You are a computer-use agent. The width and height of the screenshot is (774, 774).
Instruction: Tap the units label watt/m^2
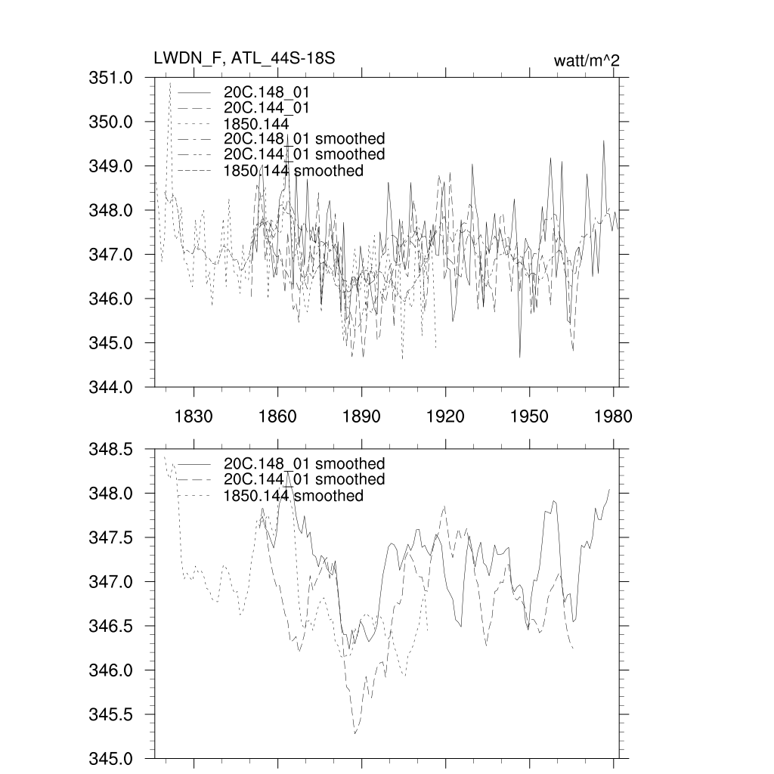pyautogui.click(x=587, y=60)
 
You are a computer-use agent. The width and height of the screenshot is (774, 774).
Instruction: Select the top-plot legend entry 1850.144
pyautogui.click(x=257, y=123)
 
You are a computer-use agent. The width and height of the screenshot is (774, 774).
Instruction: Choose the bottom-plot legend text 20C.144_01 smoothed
pyautogui.click(x=304, y=480)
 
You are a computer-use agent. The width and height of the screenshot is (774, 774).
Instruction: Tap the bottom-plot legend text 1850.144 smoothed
pyautogui.click(x=293, y=496)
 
